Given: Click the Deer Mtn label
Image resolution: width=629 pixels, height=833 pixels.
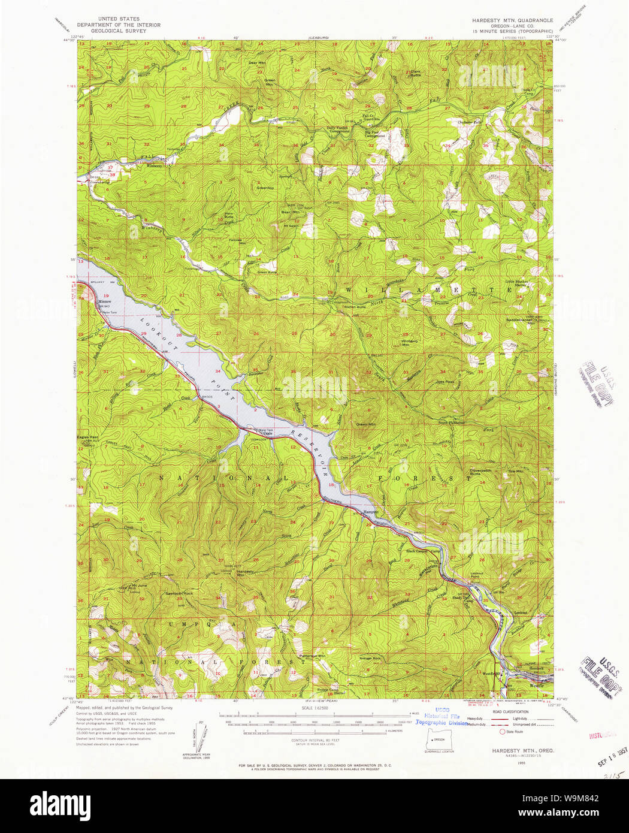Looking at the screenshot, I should pyautogui.click(x=257, y=62).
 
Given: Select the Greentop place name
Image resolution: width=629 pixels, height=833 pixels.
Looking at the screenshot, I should pyautogui.click(x=265, y=188).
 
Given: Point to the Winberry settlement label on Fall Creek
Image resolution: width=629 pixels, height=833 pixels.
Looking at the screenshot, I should pyautogui.click(x=155, y=166).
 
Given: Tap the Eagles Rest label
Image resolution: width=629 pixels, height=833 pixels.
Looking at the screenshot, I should pyautogui.click(x=87, y=437).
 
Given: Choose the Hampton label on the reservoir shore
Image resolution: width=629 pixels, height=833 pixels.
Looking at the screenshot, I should pyautogui.click(x=370, y=512).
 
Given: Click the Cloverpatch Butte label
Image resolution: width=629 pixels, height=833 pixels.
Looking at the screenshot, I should pyautogui.click(x=479, y=472).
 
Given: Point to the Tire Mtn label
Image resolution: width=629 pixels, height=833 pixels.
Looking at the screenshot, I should pyautogui.click(x=515, y=472).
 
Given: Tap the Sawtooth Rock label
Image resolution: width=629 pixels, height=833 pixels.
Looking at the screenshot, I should pyautogui.click(x=179, y=593).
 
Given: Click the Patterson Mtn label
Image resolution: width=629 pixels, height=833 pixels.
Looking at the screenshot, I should pyautogui.click(x=312, y=656).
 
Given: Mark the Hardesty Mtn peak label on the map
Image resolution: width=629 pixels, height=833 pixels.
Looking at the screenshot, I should pyautogui.click(x=244, y=573).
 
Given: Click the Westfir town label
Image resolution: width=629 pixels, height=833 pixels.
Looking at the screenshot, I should pyautogui.click(x=536, y=686).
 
